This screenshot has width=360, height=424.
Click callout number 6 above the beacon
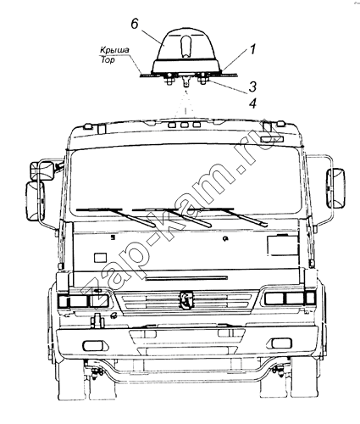(135, 24)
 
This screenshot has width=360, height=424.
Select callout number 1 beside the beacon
(252, 49)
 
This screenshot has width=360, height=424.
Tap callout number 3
(252, 86)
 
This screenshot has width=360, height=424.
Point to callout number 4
(252, 103)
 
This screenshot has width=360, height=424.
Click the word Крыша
(114, 50)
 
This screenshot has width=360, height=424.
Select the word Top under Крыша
(108, 59)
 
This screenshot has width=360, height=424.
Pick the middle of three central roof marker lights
(185, 125)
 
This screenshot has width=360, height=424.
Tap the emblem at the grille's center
(186, 299)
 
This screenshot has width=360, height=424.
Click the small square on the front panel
(100, 258)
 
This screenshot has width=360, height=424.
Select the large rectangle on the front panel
(282, 245)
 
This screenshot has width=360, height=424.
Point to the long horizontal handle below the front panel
(186, 278)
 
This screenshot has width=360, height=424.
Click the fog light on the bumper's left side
(93, 345)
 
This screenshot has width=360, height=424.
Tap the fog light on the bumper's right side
(281, 343)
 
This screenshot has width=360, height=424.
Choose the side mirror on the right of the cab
(335, 188)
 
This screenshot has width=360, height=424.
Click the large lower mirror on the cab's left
(36, 201)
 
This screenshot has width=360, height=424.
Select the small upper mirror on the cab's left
(42, 170)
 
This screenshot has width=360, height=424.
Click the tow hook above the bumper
(97, 321)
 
